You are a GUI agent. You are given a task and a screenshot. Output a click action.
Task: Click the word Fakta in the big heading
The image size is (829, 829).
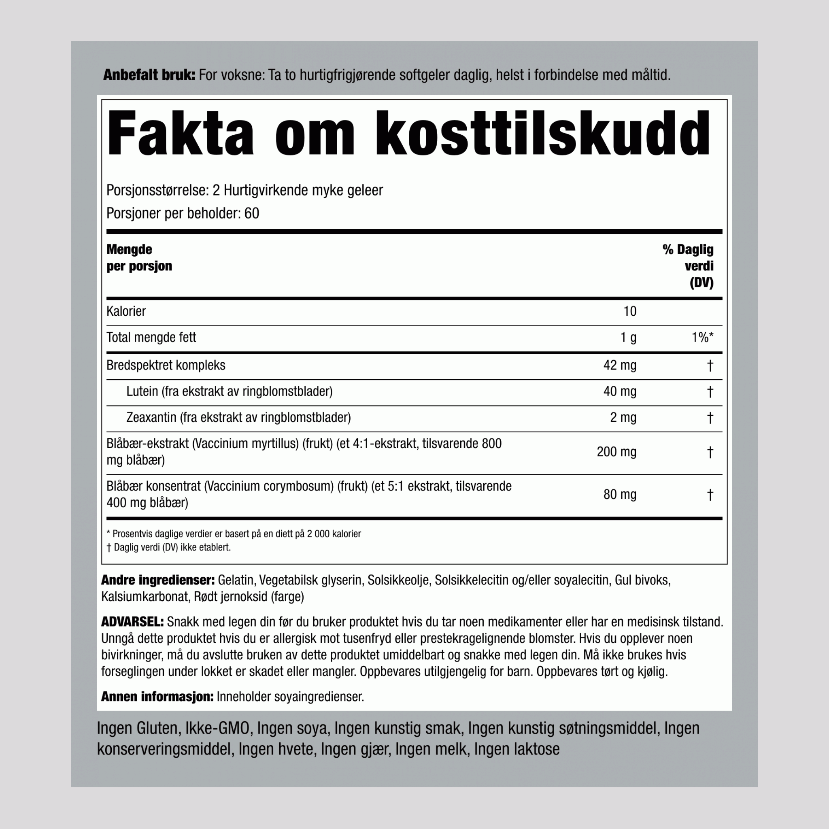(x=180, y=134)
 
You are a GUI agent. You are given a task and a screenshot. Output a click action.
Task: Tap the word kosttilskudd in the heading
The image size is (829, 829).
(x=542, y=134)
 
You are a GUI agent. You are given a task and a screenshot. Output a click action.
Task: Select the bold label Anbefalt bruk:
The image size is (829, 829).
(x=149, y=76)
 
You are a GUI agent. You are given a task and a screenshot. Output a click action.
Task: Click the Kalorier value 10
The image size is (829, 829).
(x=629, y=312)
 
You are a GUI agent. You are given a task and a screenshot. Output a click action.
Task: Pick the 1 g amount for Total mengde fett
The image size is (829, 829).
(x=628, y=338)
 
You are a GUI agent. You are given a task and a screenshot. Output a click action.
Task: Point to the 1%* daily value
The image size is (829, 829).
(x=702, y=338)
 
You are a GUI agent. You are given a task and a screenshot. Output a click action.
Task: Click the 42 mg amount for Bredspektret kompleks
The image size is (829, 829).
(x=620, y=366)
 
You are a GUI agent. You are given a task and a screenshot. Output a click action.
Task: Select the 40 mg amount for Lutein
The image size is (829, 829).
(x=620, y=391)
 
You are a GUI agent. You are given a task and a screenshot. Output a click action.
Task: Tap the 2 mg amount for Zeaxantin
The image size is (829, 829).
(x=623, y=417)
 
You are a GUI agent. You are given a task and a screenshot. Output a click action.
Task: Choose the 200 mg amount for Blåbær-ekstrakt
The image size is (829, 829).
(x=616, y=452)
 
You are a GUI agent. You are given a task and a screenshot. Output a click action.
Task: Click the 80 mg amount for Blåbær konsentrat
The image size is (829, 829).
(x=620, y=495)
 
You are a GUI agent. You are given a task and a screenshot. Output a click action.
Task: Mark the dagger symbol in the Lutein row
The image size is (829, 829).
(x=710, y=392)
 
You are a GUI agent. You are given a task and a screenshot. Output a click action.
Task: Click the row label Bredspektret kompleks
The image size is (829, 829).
(x=166, y=366)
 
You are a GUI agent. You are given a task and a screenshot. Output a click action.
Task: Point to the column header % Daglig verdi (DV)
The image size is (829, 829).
(x=688, y=266)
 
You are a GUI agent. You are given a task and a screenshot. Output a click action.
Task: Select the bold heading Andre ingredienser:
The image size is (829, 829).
(x=157, y=580)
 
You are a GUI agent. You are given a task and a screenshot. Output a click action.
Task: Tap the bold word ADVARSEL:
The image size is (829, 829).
(x=132, y=622)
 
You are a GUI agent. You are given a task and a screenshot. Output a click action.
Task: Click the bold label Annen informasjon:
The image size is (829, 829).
(x=157, y=696)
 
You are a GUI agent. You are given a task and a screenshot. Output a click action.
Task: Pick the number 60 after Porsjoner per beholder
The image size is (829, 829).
(x=251, y=214)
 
